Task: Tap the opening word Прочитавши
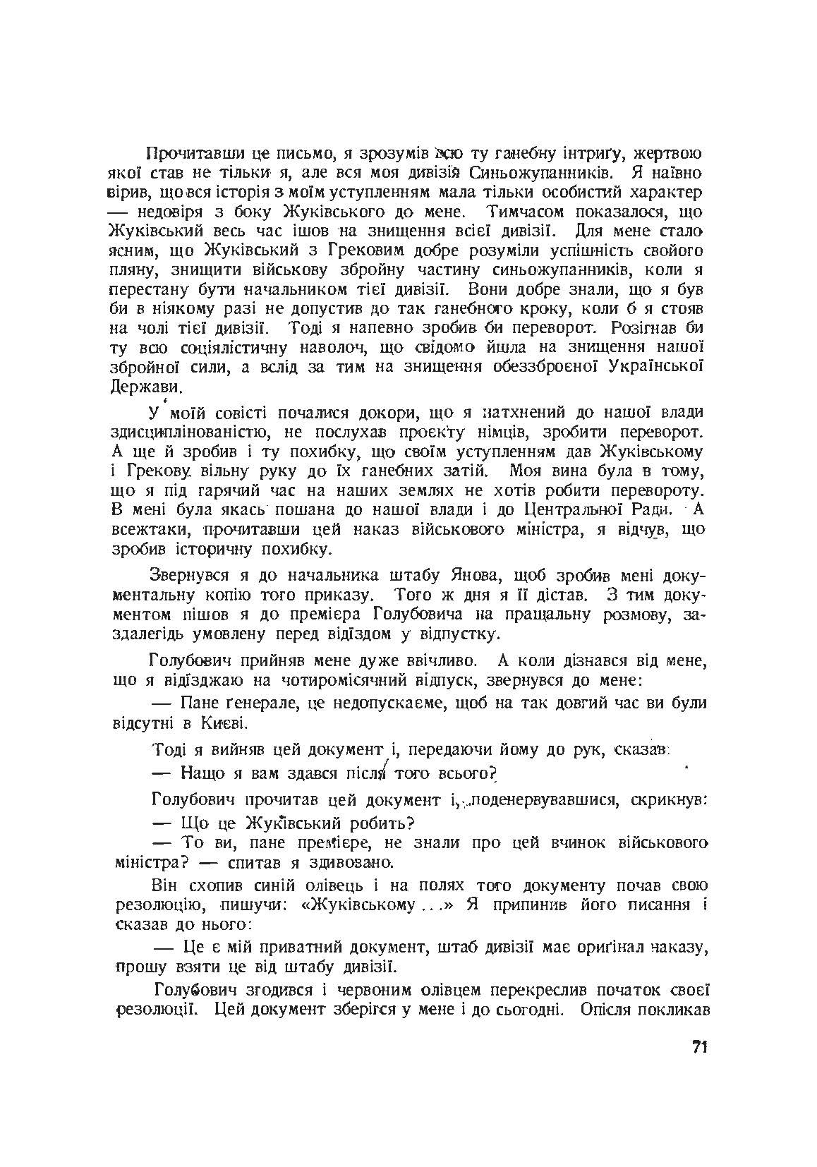(186, 154)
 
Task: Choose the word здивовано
(350, 863)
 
